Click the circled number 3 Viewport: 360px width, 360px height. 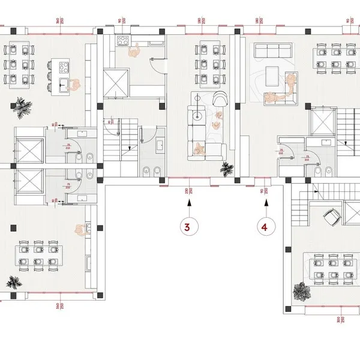(188, 227)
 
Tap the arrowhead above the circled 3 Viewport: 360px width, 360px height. (188, 203)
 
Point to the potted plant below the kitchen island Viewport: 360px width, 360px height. (25, 108)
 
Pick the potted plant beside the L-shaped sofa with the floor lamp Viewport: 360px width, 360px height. (227, 169)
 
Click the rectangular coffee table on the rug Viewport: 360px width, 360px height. (271, 75)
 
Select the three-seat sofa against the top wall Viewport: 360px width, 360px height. (272, 49)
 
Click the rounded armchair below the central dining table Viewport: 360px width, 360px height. (220, 100)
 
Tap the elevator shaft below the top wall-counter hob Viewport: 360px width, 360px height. (116, 82)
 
